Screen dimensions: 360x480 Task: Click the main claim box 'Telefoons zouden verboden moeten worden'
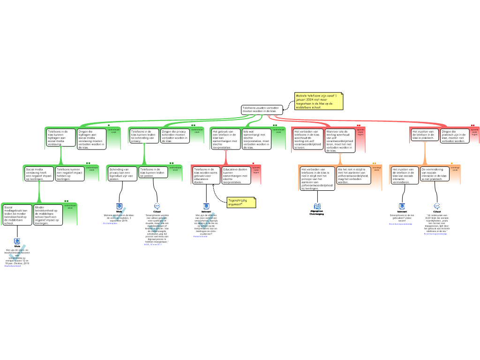(262, 109)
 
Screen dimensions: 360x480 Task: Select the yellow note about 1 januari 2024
(319, 101)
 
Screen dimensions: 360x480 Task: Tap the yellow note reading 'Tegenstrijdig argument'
(241, 202)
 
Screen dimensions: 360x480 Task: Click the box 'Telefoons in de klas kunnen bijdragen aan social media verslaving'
(61, 138)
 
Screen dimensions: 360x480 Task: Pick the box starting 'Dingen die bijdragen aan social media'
(92, 139)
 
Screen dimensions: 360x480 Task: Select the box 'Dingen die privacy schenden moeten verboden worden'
(175, 135)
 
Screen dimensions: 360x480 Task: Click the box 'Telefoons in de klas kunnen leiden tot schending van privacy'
(144, 135)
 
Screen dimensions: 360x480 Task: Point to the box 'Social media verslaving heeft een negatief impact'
(39, 174)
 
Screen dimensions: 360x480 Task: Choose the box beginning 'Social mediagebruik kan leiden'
(18, 215)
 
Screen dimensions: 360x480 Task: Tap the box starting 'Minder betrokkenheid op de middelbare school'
(48, 215)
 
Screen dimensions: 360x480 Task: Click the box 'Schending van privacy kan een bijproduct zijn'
(122, 173)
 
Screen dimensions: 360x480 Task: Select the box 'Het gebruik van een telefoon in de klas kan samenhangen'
(226, 139)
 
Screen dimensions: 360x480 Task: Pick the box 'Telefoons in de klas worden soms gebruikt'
(206, 175)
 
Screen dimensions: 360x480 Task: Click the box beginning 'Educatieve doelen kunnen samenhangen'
(236, 175)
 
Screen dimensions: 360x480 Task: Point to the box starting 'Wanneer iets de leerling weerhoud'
(340, 141)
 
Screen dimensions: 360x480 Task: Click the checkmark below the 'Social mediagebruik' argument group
(17, 253)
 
